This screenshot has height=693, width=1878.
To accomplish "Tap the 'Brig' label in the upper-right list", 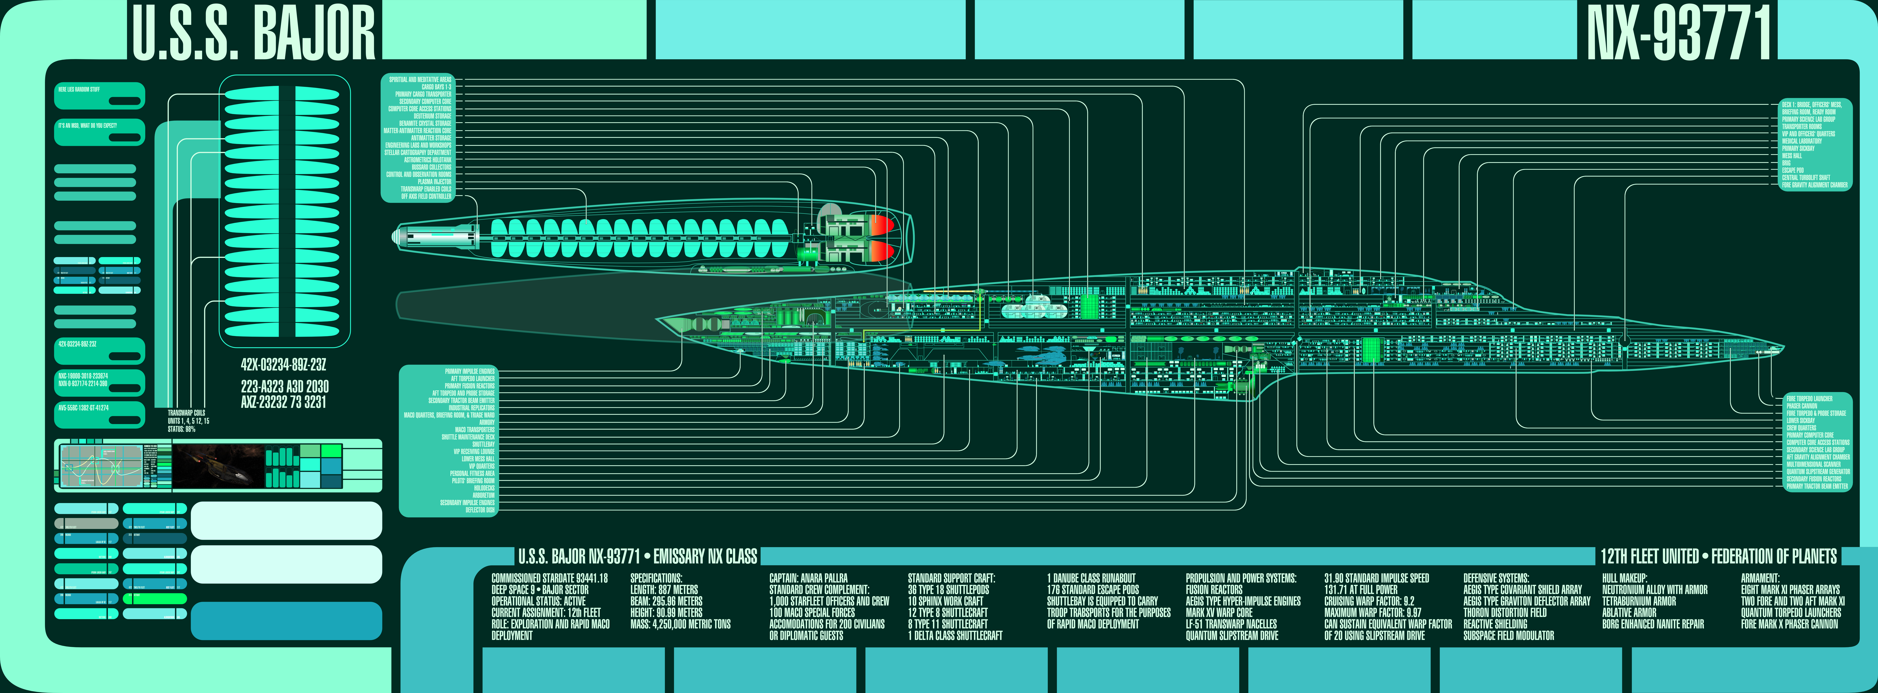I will point(1786,163).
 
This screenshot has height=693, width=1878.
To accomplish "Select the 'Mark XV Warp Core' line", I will point(1219,613).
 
